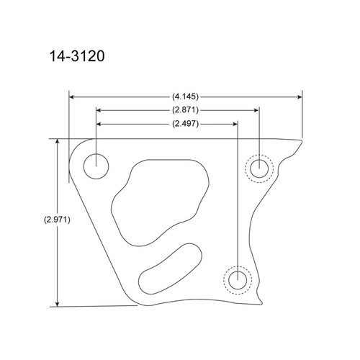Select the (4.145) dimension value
[x=185, y=95]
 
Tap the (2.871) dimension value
[x=185, y=110]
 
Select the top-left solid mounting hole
[x=95, y=166]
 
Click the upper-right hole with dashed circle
[x=259, y=168]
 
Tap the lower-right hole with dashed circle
[x=237, y=278]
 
